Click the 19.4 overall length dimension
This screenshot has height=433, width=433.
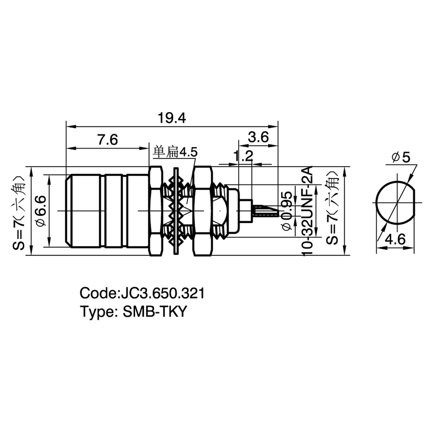point(172,118)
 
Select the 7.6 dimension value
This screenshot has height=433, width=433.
point(107,140)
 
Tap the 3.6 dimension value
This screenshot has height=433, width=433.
point(258,137)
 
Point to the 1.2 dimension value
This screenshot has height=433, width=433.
point(243,156)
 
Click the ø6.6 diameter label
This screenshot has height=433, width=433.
point(41,211)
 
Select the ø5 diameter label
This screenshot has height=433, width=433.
point(401,158)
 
